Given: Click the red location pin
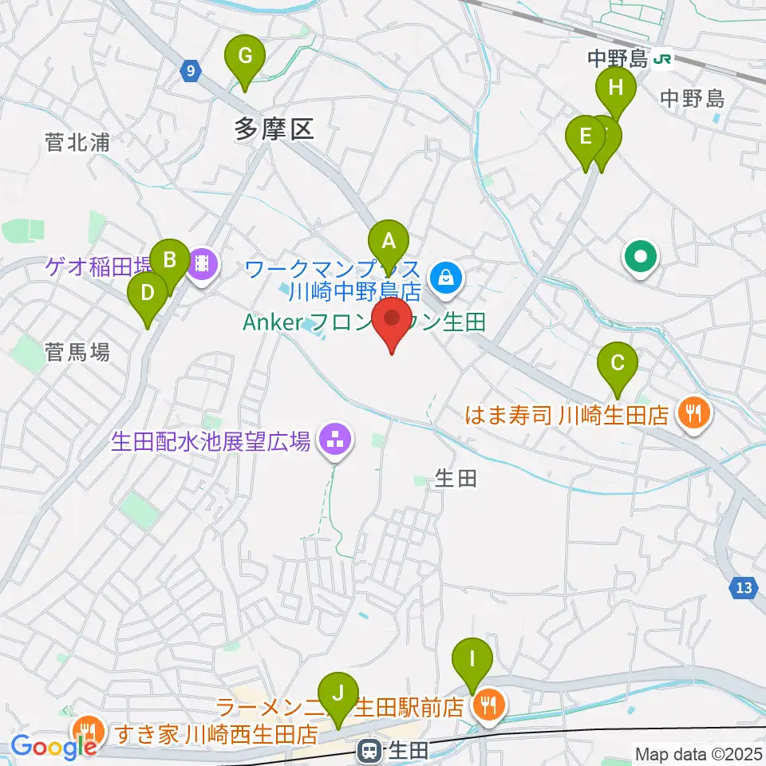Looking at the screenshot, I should [x=393, y=321].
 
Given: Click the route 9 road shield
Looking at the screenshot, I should [x=189, y=71].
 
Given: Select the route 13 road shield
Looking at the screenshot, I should [x=743, y=588].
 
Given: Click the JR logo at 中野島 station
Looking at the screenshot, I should [x=661, y=58].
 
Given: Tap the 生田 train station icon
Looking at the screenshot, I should [x=369, y=750].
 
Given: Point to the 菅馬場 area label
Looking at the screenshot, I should [x=77, y=352].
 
